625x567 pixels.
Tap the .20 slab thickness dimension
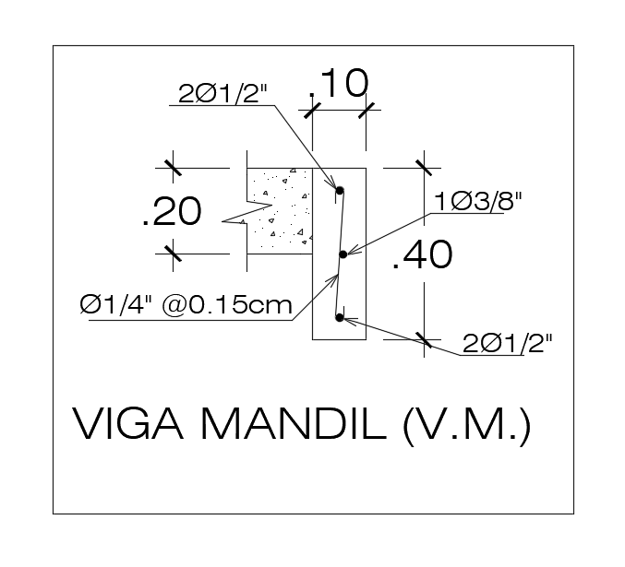pyautogui.click(x=171, y=212)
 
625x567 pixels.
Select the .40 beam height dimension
pyautogui.click(x=422, y=255)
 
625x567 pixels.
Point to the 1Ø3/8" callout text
pyautogui.click(x=480, y=201)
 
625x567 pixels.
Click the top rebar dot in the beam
pyautogui.click(x=340, y=191)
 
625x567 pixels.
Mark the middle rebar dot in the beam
pyautogui.click(x=342, y=254)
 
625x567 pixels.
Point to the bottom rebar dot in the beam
pyautogui.click(x=340, y=318)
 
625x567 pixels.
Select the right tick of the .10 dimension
pyautogui.click(x=368, y=111)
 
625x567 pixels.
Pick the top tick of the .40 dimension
pyautogui.click(x=425, y=168)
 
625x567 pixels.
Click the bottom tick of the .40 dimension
pyautogui.click(x=425, y=340)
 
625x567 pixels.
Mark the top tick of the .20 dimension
pyautogui.click(x=172, y=168)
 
